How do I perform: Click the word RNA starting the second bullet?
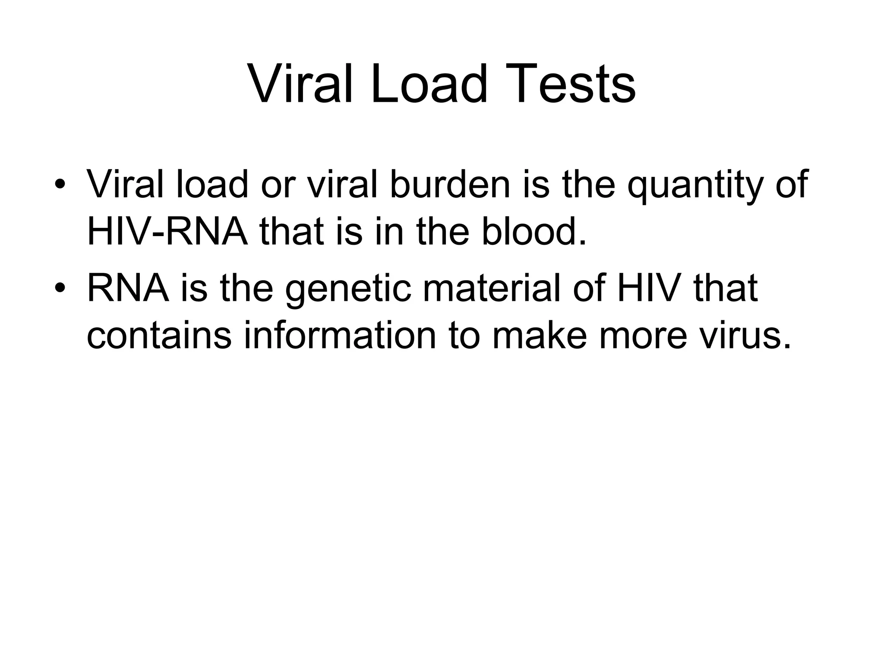pyautogui.click(x=128, y=288)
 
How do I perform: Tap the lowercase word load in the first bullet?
pyautogui.click(x=212, y=184)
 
